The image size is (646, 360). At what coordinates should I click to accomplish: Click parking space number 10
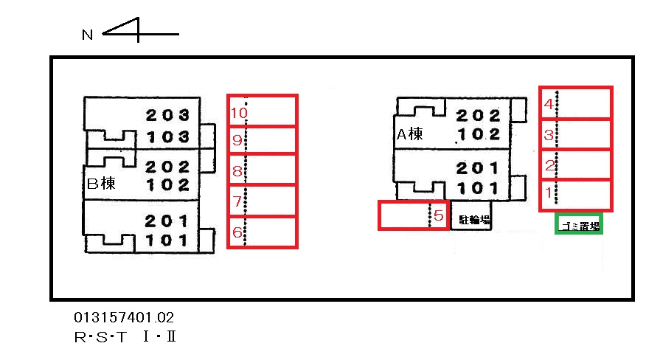point(262,111)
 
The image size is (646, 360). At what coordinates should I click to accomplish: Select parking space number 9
point(262,140)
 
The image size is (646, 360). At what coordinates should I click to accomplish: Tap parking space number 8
point(262,170)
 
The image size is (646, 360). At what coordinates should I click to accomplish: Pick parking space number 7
point(262,201)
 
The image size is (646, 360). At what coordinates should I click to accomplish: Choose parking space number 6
point(262,232)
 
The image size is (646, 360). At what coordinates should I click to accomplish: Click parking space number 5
point(413,215)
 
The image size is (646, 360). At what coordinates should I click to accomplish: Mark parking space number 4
point(575,103)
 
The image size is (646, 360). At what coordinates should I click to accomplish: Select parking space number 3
point(575,134)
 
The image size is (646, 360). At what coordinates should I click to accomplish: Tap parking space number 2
point(575,165)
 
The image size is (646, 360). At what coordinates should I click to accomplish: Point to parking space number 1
point(575,194)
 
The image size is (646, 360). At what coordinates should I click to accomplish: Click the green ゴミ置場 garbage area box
point(579,224)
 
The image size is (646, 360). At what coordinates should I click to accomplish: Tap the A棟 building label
point(409,134)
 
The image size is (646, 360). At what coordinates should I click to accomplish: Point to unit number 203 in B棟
point(167,115)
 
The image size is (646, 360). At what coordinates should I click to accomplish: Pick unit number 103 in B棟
point(167,136)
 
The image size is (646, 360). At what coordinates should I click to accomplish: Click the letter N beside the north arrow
point(87,35)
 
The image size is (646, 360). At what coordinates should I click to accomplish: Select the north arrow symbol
point(140,32)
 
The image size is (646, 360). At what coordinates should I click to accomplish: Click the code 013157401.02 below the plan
point(124,318)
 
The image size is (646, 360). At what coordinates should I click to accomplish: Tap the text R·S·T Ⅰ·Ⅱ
point(125,338)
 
